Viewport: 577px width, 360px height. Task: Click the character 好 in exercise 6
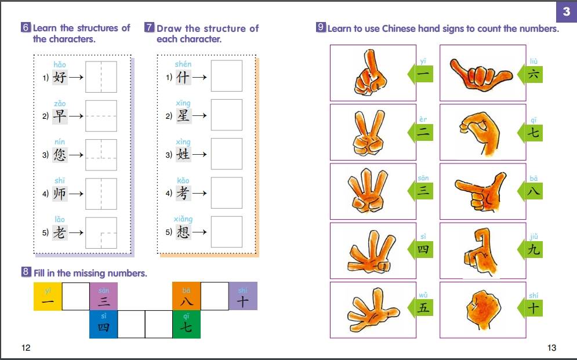(60, 77)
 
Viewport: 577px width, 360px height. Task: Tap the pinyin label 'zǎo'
(60, 104)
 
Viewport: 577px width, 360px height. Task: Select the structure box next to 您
(101, 155)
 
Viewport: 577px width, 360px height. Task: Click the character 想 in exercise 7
(183, 232)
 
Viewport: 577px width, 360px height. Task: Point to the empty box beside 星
(227, 115)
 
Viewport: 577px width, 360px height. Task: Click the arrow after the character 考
(199, 193)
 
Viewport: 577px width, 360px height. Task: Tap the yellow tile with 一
(48, 296)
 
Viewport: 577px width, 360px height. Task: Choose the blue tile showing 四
(103, 324)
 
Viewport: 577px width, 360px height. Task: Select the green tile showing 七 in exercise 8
(186, 324)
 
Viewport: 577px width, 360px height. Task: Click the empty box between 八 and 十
(215, 296)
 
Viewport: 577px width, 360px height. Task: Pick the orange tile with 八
(186, 296)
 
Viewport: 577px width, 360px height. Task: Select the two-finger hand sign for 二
(369, 132)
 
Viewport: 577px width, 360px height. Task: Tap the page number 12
(26, 347)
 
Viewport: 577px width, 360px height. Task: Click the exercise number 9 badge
(321, 27)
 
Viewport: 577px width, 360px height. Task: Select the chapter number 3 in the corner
(567, 12)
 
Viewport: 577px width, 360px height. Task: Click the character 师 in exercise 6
(60, 194)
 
